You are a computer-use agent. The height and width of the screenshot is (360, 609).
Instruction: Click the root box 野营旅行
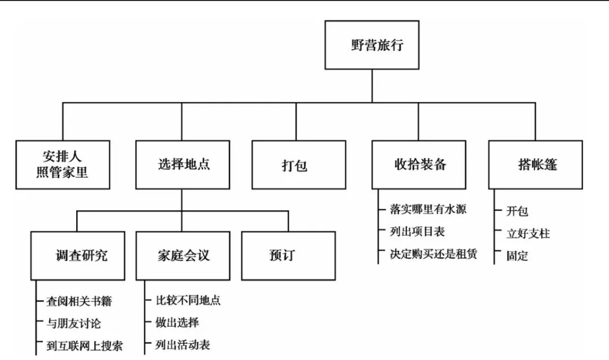[x=372, y=45]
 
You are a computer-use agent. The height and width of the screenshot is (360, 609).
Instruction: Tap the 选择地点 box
[x=182, y=164]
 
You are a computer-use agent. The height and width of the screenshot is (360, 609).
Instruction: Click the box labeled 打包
[x=298, y=164]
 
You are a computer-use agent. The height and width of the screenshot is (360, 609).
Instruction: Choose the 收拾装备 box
[x=418, y=164]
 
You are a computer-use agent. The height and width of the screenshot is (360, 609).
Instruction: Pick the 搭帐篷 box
[x=535, y=164]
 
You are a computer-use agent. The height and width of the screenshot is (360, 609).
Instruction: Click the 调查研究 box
[x=78, y=256]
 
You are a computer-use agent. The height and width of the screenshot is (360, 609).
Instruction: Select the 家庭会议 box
[x=182, y=256]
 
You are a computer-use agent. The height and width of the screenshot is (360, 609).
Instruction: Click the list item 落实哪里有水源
[x=429, y=209]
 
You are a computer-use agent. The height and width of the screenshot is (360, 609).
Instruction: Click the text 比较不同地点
[x=188, y=301]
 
